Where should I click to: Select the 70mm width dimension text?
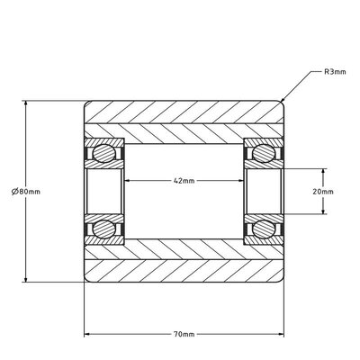(184, 335)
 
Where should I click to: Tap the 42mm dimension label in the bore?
(184, 180)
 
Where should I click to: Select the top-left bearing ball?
(107, 154)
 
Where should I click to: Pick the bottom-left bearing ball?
(107, 228)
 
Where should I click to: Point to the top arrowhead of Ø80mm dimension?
(27, 102)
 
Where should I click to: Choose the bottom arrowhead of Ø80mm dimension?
(27, 280)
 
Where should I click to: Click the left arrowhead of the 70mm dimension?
(85, 335)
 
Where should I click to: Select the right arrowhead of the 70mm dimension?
(284, 335)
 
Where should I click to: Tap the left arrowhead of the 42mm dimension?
(125, 180)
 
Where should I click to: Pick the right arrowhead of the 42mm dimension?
(244, 180)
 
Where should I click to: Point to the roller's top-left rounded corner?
(87, 103)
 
